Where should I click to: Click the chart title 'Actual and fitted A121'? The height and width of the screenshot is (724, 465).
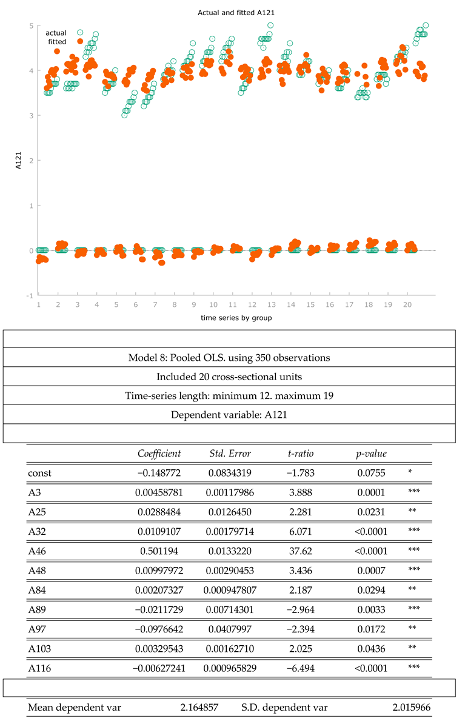[x=232, y=12]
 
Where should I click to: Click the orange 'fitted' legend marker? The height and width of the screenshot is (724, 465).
[x=80, y=41]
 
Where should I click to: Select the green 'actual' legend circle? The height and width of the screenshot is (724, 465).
[x=80, y=32]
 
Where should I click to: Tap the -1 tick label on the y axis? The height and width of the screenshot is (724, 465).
[x=29, y=295]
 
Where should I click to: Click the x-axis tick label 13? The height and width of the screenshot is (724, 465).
[x=271, y=305]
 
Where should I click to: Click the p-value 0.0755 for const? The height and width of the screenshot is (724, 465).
[x=371, y=471]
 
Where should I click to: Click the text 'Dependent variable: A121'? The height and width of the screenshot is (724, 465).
[x=229, y=414]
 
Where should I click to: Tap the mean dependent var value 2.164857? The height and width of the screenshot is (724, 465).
[x=199, y=707]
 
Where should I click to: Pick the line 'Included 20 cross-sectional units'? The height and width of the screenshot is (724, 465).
[x=229, y=377]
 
